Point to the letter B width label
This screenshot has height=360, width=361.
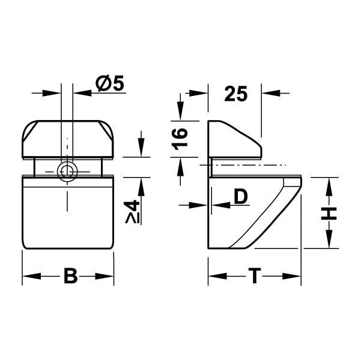pyautogui.click(x=70, y=277)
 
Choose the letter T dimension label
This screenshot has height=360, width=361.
pyautogui.click(x=255, y=277)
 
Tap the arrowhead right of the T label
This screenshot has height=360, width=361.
pyautogui.click(x=293, y=277)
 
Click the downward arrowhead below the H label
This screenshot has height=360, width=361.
pyautogui.click(x=329, y=242)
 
